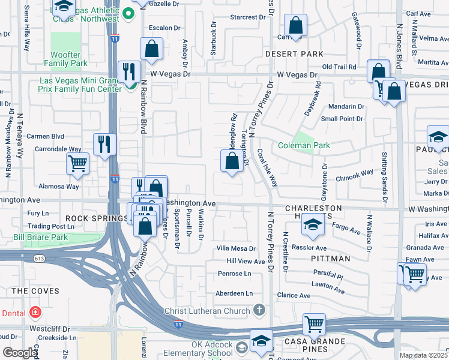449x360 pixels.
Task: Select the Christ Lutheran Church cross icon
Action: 259,310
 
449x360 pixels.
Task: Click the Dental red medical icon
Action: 35,313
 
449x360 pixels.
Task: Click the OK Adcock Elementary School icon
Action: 241,347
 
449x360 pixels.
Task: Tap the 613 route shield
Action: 40,259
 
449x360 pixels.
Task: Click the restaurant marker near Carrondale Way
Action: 105,144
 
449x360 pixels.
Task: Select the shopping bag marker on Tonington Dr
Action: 232,161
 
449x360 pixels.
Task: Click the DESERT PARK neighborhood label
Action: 295,53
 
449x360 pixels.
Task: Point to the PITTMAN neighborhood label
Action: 331,259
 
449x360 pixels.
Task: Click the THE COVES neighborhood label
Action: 35,291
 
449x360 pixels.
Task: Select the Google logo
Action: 20,353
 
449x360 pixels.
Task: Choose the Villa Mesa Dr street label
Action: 237,248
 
